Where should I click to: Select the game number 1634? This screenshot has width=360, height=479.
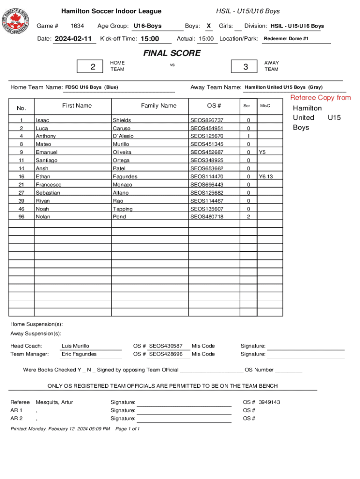(x=77, y=26)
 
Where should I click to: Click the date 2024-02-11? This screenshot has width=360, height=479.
(x=73, y=39)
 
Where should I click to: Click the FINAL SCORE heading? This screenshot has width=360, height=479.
(x=172, y=53)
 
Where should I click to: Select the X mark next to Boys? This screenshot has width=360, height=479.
(x=209, y=26)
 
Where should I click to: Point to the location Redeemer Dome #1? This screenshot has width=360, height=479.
(x=286, y=39)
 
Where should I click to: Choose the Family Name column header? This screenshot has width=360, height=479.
(x=158, y=106)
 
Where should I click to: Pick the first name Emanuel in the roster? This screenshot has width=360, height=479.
(x=47, y=152)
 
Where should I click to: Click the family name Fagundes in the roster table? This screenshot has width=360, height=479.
(x=125, y=177)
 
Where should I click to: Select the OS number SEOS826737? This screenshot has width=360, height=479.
(x=207, y=120)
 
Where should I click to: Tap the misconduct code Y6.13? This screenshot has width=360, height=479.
(x=266, y=177)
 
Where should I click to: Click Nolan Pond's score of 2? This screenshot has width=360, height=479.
(x=248, y=217)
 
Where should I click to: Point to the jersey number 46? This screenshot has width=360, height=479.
(x=22, y=209)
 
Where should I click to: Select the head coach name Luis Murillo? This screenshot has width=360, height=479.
(x=75, y=346)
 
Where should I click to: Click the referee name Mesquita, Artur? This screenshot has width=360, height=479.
(x=54, y=402)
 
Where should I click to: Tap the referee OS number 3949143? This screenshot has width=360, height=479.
(x=269, y=402)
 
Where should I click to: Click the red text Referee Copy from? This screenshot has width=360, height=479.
(x=320, y=98)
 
